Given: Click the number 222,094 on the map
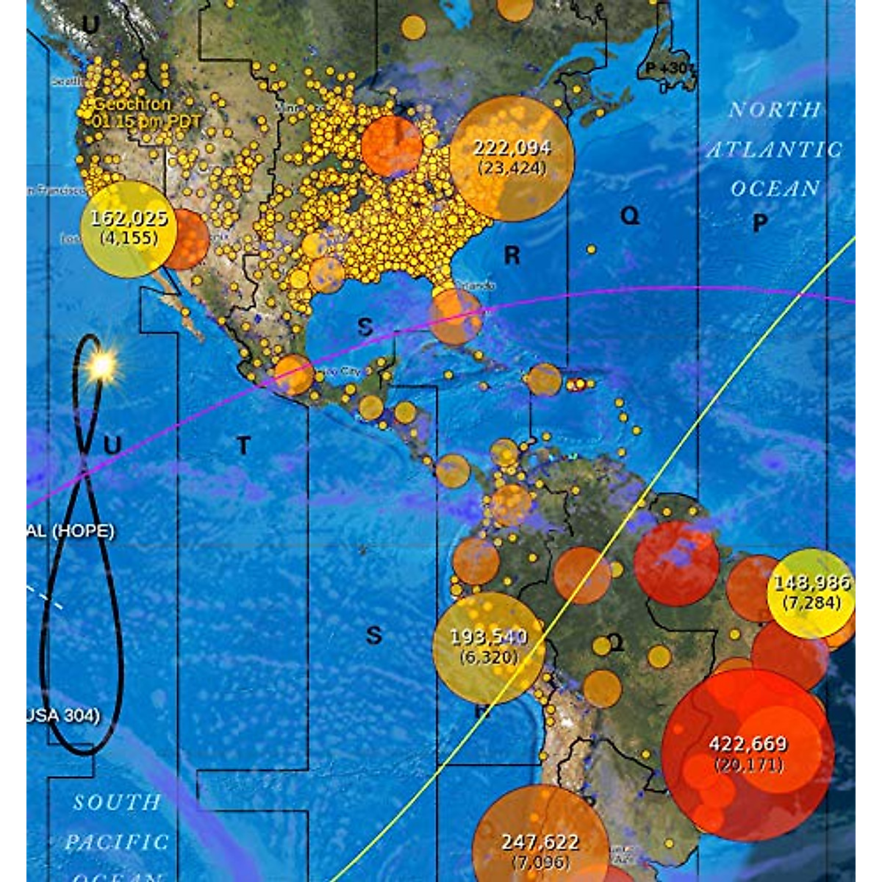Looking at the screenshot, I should [x=512, y=148].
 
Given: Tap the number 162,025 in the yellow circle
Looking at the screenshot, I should [x=129, y=218].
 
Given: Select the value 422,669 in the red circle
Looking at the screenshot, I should [x=748, y=745].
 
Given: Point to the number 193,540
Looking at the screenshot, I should [x=489, y=637].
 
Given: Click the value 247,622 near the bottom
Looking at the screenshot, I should [x=540, y=842].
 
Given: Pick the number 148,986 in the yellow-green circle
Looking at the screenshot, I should [x=811, y=584].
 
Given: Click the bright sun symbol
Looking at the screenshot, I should [x=101, y=365].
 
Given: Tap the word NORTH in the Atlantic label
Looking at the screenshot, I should [x=774, y=110].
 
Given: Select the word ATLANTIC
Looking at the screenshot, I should [x=774, y=150].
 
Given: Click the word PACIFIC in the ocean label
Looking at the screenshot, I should [x=117, y=842].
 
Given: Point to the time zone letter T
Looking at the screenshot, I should [x=243, y=445].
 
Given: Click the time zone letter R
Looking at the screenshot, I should [x=512, y=256].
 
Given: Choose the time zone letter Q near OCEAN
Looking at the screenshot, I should [x=630, y=215].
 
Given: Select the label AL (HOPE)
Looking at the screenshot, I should [x=71, y=531].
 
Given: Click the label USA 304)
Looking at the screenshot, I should [x=64, y=715].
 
